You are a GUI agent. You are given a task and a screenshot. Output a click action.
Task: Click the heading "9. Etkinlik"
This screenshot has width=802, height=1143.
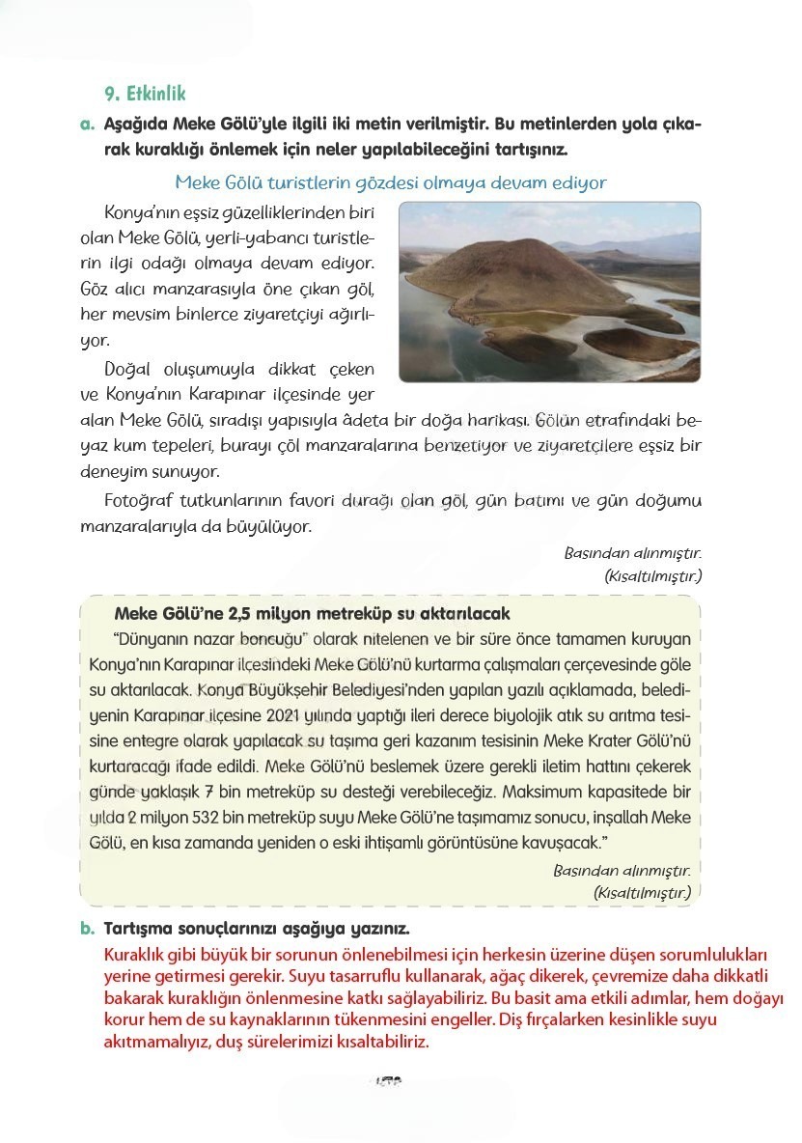pos(145,94)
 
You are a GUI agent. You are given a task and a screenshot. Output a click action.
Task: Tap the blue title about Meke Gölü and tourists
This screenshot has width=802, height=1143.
pos(391,182)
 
